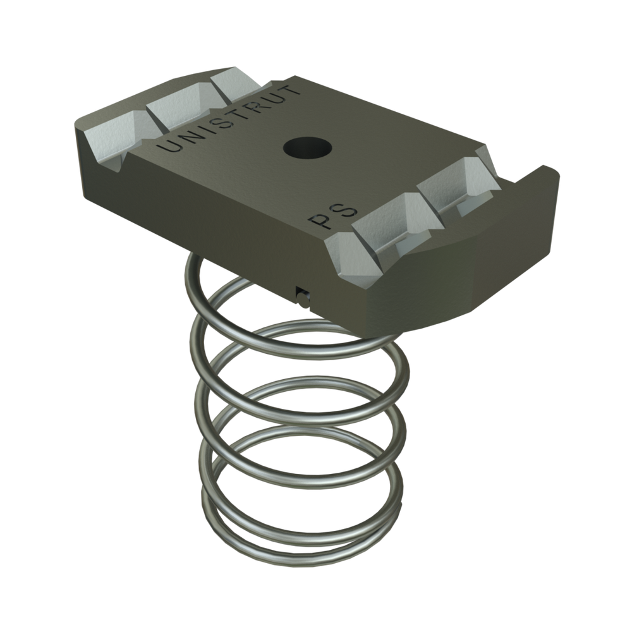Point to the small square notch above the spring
303,294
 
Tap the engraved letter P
317,221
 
